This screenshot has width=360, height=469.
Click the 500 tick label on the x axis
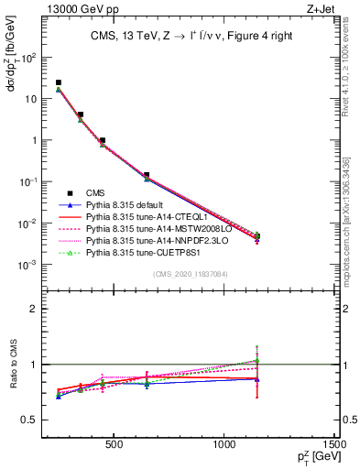[x=115, y=445]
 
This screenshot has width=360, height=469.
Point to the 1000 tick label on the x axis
[x=225, y=445]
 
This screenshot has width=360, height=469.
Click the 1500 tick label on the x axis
[x=336, y=445]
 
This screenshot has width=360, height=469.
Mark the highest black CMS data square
[x=59, y=82]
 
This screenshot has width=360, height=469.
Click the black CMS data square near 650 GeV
[x=147, y=174]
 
